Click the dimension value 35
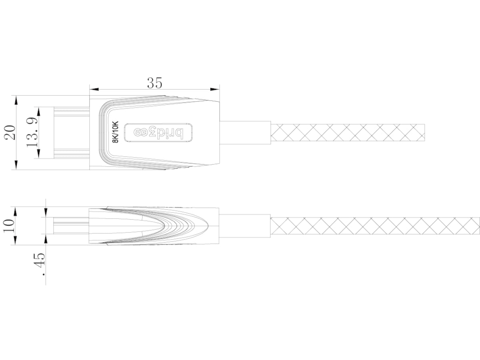[154, 83]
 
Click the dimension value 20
[10, 132]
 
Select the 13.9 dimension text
[32, 132]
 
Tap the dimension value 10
[9, 226]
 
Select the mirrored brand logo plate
[158, 132]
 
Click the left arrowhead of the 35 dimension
[92, 88]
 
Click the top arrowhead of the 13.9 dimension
[39, 110]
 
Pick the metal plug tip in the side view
[70, 226]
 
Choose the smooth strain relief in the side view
[245, 226]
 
